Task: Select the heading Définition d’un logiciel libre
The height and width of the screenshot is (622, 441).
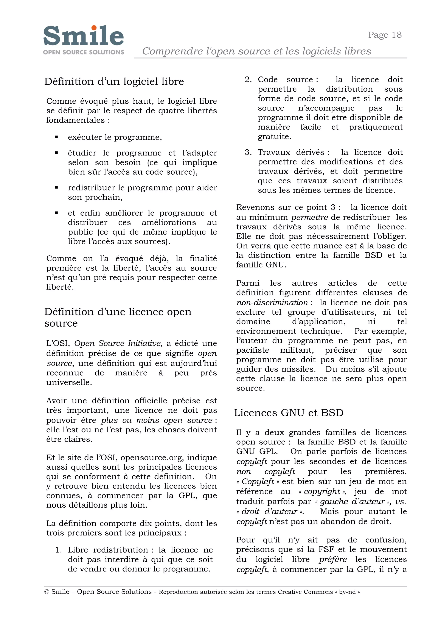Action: [114, 81]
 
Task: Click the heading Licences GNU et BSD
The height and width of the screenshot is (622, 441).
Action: [289, 413]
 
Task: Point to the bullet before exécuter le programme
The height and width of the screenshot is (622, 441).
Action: [56, 137]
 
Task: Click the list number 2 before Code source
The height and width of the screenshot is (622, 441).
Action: [248, 80]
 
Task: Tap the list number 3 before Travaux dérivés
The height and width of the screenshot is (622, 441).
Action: [248, 152]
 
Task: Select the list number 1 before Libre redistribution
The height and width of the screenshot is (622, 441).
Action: [58, 550]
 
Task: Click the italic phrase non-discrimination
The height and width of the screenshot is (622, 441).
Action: [272, 303]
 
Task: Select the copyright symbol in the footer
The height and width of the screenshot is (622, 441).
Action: [47, 592]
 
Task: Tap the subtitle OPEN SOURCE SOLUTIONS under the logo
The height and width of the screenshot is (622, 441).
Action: [83, 52]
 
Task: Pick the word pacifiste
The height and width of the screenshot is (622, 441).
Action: [253, 350]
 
